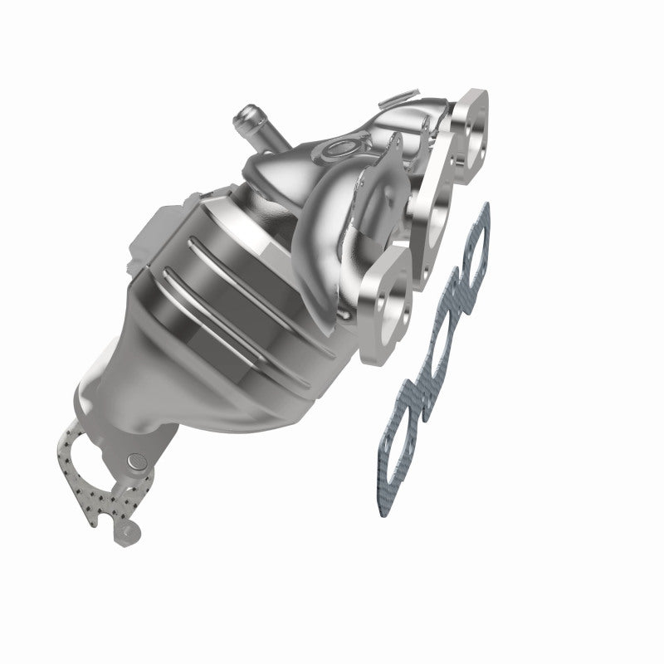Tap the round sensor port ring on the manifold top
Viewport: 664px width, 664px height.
[338, 149]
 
